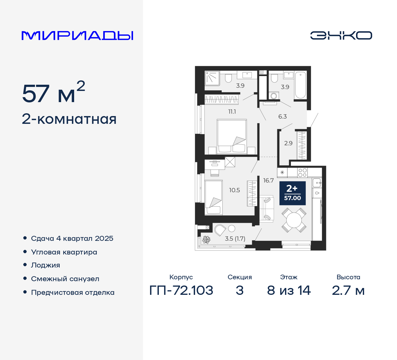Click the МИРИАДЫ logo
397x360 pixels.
click(77, 36)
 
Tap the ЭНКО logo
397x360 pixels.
click(341, 35)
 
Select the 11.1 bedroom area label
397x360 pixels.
click(232, 112)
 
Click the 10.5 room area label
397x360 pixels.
click(234, 190)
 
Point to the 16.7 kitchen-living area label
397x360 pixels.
click(268, 180)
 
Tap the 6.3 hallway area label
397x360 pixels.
click(282, 117)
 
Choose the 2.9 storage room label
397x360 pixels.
click(288, 143)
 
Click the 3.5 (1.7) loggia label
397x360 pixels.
click(235, 239)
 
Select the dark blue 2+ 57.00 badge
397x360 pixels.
click(292, 193)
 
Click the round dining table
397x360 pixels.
click(294, 220)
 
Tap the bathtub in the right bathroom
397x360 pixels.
click(300, 85)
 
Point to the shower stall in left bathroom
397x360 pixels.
click(212, 78)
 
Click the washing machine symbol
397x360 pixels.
click(274, 96)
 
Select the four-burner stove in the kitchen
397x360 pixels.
click(302, 173)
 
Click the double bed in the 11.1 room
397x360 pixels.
click(232, 136)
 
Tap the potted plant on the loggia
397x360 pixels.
click(206, 240)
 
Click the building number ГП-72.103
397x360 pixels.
click(181, 290)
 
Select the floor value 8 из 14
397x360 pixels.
click(288, 290)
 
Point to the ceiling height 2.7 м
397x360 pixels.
click(348, 290)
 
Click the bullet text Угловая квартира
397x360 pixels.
click(64, 252)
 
